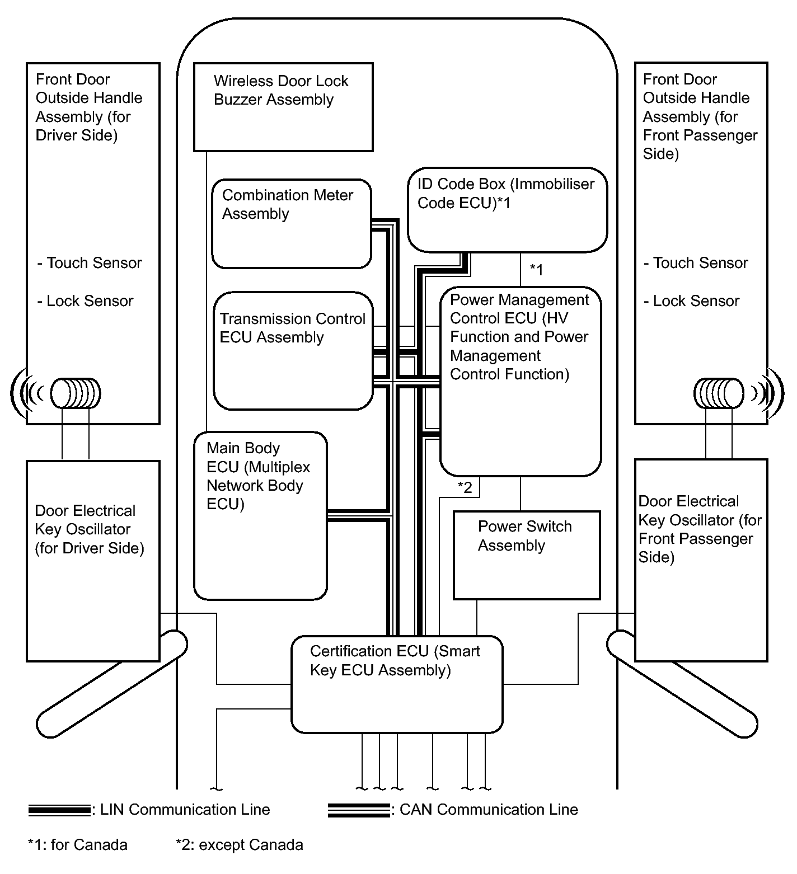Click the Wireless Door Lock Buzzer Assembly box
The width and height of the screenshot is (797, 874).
coord(283,107)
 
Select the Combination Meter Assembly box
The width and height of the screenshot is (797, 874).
coord(291,224)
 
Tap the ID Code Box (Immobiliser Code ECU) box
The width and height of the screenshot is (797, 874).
coord(507,209)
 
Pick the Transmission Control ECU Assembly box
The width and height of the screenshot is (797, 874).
coord(293,350)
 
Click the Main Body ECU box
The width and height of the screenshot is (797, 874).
coord(260,515)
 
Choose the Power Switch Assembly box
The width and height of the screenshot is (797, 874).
coord(526,555)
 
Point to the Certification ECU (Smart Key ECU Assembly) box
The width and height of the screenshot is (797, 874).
coord(397,684)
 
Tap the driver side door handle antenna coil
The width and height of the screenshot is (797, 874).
coord(76,393)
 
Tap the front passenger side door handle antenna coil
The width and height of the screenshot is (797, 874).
coord(719,393)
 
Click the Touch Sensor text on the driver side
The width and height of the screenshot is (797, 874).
coord(90,263)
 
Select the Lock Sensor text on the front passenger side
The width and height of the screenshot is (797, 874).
coord(692,301)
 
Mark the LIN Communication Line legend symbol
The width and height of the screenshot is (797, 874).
coord(59,810)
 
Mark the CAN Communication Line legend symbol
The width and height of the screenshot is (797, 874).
coord(358,810)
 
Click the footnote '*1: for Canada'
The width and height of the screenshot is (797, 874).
coord(78,845)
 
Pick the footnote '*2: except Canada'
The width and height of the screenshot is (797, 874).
coord(240,845)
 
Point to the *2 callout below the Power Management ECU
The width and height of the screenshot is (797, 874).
coord(465,487)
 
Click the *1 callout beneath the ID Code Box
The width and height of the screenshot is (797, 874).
coord(536,270)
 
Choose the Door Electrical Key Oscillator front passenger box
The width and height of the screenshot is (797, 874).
coord(701,560)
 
